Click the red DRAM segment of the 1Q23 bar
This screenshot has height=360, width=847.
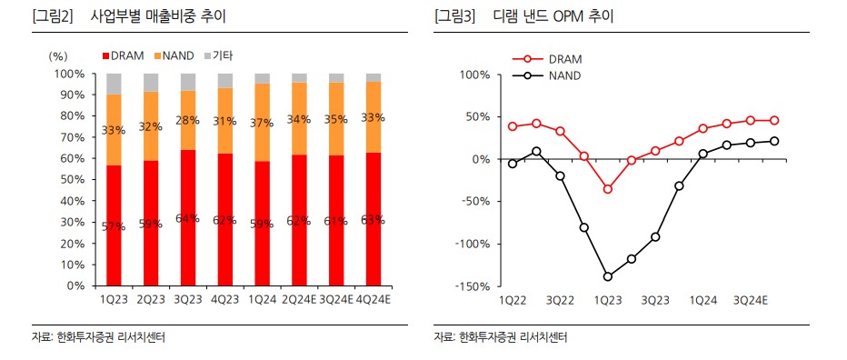114,225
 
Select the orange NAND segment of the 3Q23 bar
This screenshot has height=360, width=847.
188,120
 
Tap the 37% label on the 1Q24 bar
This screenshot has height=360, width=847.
262,122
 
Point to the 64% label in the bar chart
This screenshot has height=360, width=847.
188,219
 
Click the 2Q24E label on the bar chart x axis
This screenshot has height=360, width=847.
299,299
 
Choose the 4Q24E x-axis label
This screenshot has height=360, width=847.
374,299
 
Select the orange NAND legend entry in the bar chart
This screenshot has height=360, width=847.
174,55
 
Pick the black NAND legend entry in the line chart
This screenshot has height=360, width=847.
546,75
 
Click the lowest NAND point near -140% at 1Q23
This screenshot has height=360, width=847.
608,276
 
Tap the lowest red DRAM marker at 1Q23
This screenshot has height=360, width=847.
608,189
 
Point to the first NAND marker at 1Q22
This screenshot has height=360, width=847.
513,164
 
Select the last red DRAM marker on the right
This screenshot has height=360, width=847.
774,121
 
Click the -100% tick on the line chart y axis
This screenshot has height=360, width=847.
474,244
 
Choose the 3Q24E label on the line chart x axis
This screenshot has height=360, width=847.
750,299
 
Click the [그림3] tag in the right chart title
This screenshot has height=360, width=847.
454,16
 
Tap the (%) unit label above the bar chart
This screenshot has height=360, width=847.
57,55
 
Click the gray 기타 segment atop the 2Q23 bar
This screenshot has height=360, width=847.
151,83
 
